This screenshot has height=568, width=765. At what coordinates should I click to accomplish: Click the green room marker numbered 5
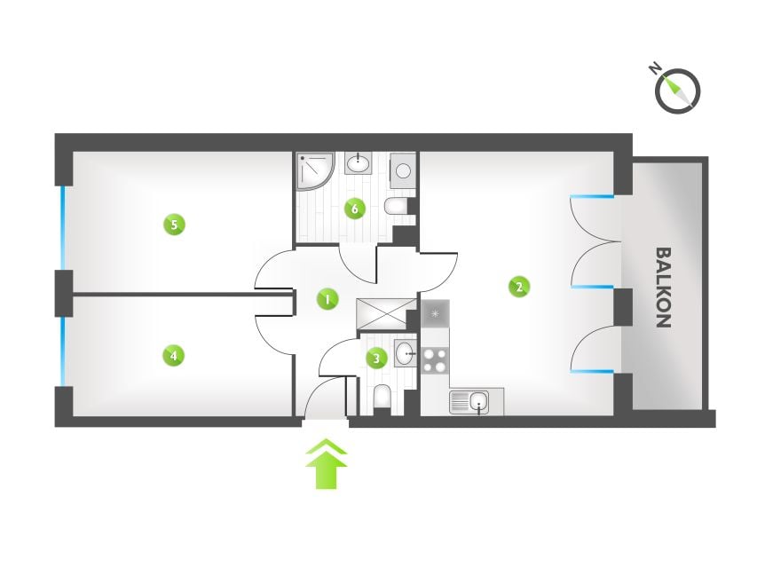coord(174,225)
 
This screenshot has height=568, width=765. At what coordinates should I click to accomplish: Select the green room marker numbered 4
coord(174,356)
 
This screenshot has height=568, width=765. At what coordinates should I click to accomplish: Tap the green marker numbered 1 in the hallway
coord(327,298)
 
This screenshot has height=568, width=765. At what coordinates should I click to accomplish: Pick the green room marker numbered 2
coord(519,287)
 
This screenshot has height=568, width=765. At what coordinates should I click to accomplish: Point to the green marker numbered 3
coord(376,359)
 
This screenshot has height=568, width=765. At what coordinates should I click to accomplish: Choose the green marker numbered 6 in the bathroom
coord(355,209)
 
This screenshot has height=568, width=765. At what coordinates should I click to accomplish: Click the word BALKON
coord(664,288)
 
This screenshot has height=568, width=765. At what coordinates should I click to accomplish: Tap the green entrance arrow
coord(327,463)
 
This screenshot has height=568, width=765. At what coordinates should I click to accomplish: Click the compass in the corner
coord(676,90)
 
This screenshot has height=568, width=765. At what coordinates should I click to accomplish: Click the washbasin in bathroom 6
coord(359,163)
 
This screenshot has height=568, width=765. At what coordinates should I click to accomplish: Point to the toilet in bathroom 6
coord(396,207)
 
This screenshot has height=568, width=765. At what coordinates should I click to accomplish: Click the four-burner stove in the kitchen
coord(435,360)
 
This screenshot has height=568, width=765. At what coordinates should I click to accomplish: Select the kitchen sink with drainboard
coord(469,403)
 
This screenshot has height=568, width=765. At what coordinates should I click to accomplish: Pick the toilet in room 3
coord(382,397)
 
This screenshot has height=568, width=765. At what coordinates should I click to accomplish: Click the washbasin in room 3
coord(405,353)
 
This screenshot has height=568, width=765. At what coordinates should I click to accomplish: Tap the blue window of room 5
coord(62,228)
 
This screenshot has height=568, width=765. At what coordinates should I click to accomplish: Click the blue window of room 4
coord(62,351)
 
